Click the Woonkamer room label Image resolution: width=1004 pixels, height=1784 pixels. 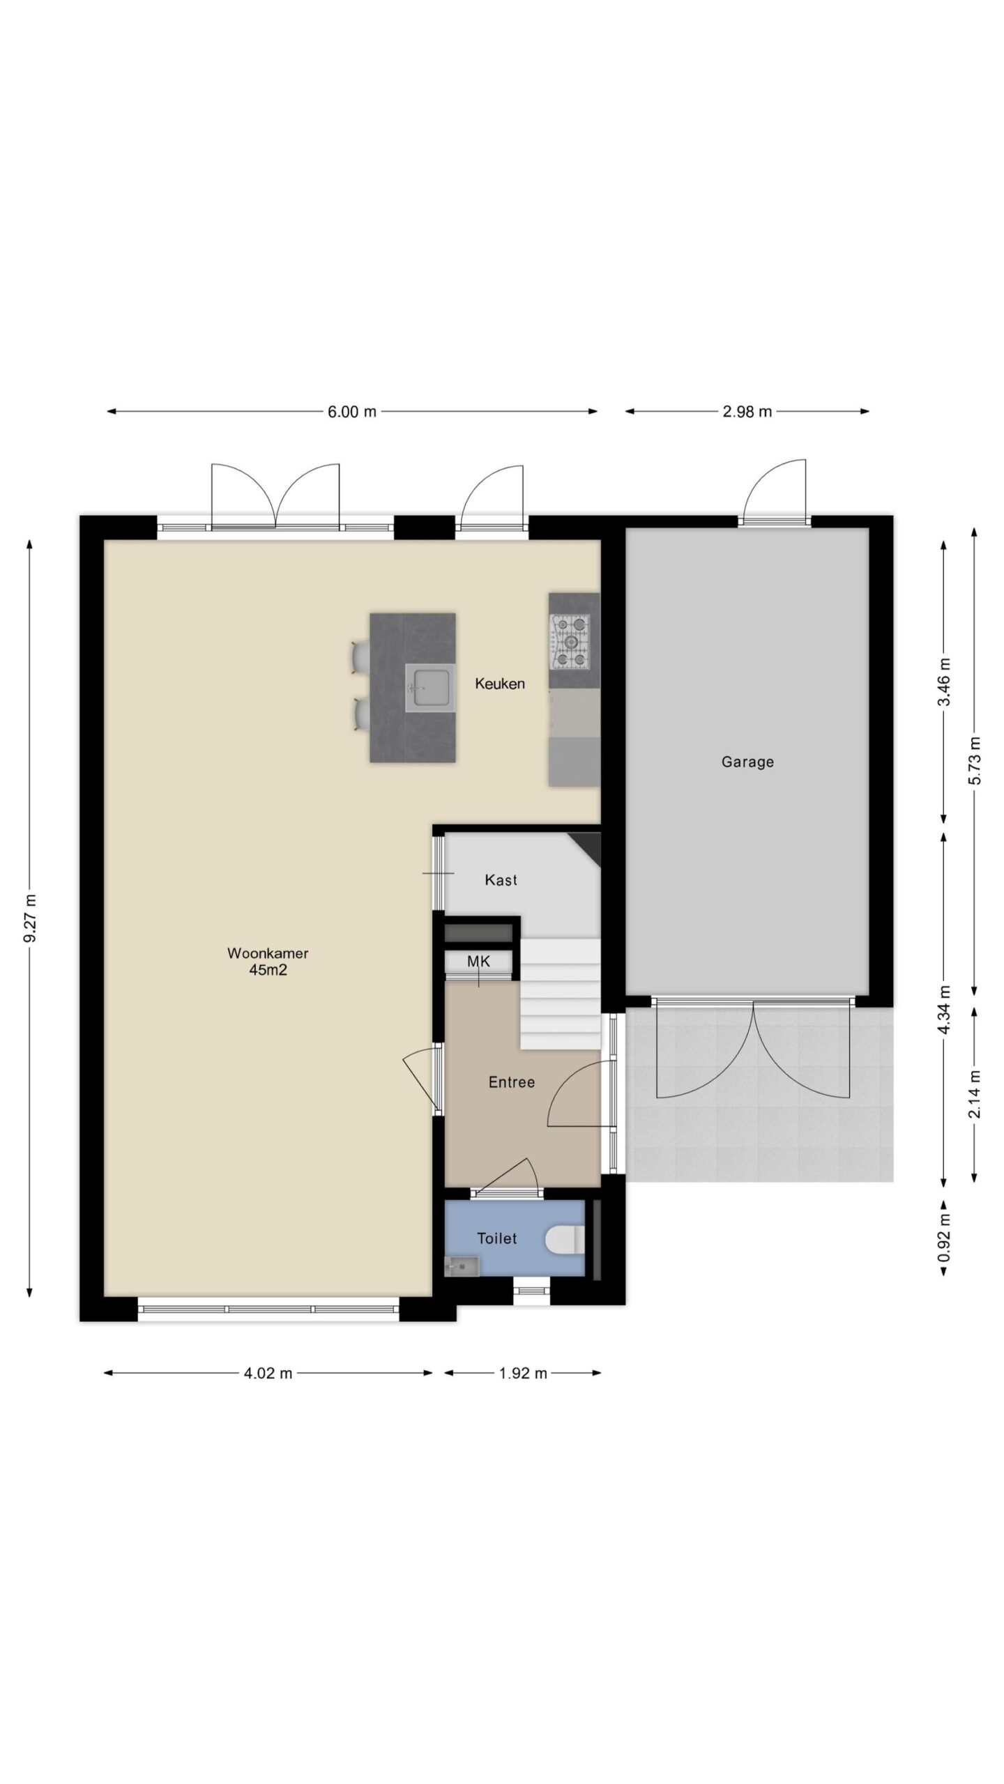click(268, 953)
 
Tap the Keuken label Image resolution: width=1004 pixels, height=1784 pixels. click(500, 684)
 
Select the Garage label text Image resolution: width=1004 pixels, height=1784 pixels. click(747, 762)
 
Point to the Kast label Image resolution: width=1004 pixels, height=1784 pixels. click(501, 880)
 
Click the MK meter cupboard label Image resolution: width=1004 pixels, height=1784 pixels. click(479, 962)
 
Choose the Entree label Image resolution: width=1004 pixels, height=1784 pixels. click(512, 1082)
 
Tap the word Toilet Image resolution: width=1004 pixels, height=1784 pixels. click(497, 1238)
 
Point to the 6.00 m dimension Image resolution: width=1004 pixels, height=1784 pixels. click(352, 412)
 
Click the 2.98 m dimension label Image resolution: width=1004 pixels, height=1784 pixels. click(747, 412)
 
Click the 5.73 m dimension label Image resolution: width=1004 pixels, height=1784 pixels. click(975, 760)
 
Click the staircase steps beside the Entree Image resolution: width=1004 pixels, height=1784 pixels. click(561, 993)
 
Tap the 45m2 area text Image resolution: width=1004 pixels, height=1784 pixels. click(268, 970)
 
